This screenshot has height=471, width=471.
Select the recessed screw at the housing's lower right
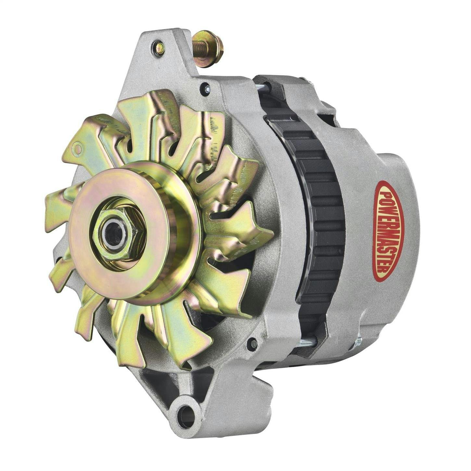point(252,343)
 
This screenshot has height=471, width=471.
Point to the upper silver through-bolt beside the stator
point(261,87)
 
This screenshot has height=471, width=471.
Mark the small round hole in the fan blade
point(77,149)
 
